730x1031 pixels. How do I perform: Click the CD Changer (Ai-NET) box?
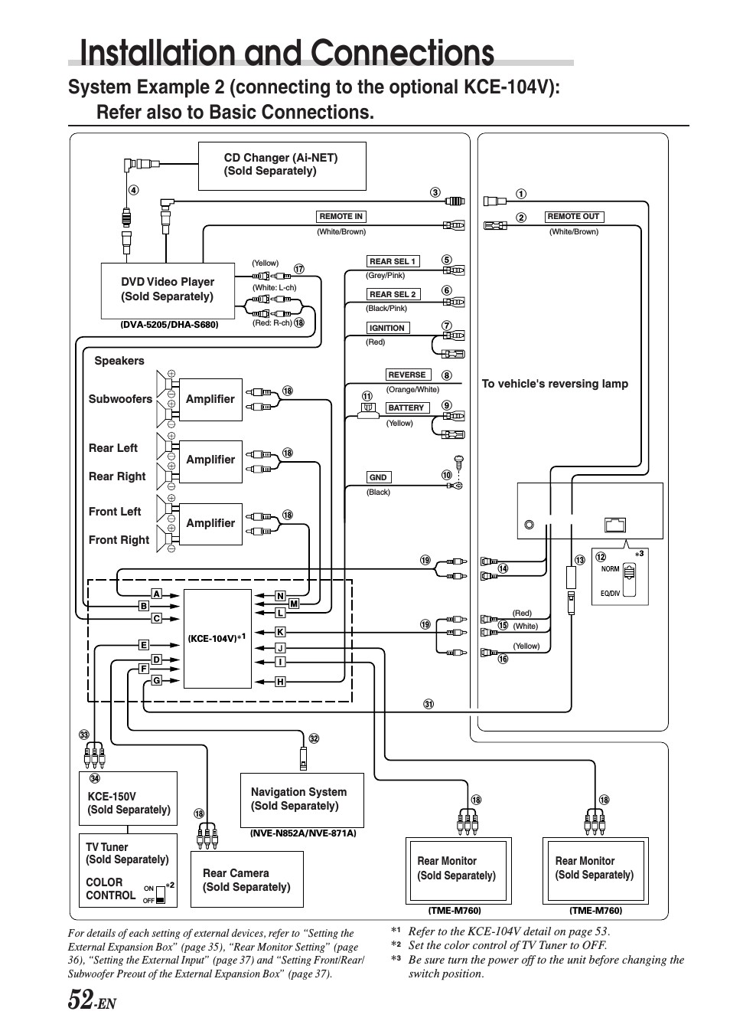(282, 165)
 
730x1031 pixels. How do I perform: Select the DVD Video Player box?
(168, 291)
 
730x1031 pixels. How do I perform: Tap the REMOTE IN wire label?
(341, 216)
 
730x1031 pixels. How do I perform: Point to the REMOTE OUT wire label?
(573, 216)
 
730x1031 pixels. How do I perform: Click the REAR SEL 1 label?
(393, 261)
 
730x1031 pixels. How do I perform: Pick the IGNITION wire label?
(387, 328)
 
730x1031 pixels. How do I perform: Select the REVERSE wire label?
(407, 375)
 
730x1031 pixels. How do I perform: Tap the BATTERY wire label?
(406, 407)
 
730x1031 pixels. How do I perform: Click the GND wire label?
(378, 477)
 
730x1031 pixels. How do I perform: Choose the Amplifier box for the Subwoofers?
(210, 400)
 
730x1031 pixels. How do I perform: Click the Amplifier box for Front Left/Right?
(210, 524)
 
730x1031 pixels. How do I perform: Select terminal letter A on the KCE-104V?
(157, 594)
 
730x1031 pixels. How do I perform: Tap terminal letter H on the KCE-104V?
(280, 682)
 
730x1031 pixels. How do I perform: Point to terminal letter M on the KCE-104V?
(294, 604)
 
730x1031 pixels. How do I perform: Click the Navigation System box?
(302, 800)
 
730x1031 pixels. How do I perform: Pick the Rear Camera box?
(247, 879)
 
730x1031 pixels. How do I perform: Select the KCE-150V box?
(128, 799)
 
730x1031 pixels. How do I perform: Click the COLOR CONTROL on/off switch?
(161, 894)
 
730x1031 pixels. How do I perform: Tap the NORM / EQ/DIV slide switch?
(630, 580)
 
